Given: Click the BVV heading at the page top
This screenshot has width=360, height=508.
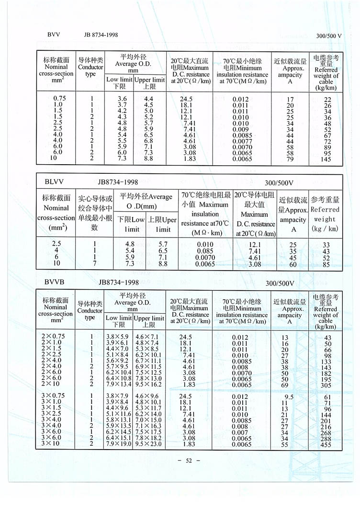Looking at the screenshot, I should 52,35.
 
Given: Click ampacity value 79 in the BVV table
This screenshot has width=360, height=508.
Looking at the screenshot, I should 290,158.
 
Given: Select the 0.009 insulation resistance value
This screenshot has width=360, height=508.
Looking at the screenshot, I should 241,129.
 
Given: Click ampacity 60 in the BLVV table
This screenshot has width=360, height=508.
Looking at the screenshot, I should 293,264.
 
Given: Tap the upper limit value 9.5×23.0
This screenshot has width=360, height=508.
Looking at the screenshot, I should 149,443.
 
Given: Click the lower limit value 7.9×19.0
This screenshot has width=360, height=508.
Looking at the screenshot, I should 118,443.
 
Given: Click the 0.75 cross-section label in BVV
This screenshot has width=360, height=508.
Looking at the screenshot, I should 56,99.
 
